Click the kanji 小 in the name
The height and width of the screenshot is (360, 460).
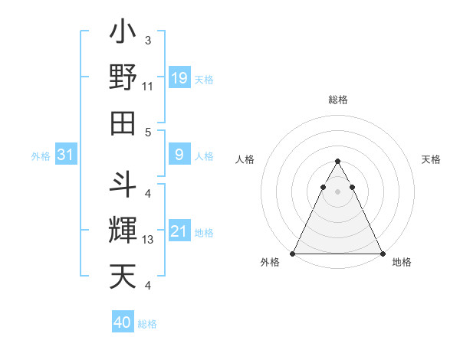[123, 34]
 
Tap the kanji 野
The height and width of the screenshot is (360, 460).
[123, 78]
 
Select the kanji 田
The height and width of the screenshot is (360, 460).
[123, 123]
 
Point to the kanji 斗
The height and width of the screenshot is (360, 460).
[123, 185]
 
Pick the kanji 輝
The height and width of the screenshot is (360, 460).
[123, 229]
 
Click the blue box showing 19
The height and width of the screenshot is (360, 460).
[179, 78]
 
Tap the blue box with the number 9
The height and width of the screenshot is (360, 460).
[179, 155]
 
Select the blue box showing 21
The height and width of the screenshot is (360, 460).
[179, 231]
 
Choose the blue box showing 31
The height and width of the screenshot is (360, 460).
[66, 155]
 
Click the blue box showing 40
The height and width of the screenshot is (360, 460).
[123, 322]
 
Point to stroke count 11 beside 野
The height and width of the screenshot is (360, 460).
[148, 87]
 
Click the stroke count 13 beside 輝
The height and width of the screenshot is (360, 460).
[148, 240]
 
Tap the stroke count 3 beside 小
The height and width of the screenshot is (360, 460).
[147, 40]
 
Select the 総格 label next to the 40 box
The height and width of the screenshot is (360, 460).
[148, 324]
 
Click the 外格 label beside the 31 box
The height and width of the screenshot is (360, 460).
[41, 156]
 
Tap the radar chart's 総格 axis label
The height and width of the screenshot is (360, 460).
[338, 100]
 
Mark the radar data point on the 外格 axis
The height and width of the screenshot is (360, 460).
[294, 253]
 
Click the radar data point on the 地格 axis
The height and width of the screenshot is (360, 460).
[383, 253]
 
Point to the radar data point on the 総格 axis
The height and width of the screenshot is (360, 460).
[338, 162]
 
